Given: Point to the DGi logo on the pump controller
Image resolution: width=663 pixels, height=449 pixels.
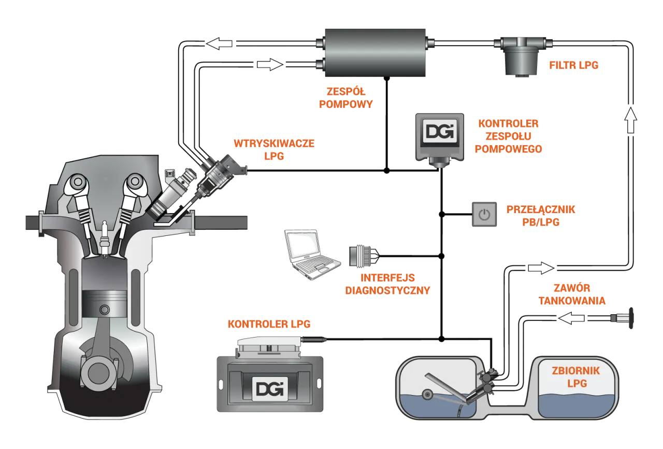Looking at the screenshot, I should [x=440, y=131].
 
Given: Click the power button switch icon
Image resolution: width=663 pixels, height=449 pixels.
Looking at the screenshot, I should [x=484, y=214].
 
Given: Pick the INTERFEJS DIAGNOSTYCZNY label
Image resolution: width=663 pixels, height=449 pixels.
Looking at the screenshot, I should [x=387, y=284].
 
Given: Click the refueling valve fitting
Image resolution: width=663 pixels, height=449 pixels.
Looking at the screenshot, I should [x=620, y=317].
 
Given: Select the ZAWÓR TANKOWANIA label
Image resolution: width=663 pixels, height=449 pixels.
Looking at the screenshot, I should [x=573, y=294].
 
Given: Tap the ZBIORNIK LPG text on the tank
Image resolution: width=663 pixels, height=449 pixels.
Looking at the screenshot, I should [x=576, y=377].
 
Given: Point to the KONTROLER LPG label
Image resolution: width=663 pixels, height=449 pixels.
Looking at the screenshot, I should [x=269, y=325].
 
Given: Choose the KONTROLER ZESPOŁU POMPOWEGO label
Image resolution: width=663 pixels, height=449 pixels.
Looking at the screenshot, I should [x=508, y=136].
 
